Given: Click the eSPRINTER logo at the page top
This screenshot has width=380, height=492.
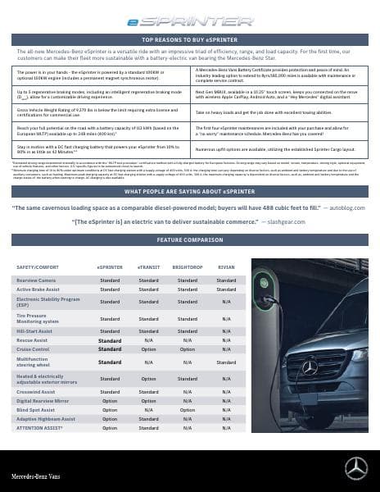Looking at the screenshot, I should click(189, 24).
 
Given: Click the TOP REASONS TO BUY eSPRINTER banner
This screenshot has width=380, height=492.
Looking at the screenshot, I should click(189, 39).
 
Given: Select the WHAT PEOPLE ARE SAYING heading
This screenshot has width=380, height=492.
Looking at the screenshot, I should click(189, 191).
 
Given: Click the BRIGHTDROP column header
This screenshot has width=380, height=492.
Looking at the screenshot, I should click(187, 267).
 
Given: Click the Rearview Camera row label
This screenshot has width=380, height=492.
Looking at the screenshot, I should click(38, 280).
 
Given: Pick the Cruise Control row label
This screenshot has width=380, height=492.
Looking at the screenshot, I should click(34, 348).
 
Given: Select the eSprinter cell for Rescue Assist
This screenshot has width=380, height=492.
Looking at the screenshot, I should click(110, 339).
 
